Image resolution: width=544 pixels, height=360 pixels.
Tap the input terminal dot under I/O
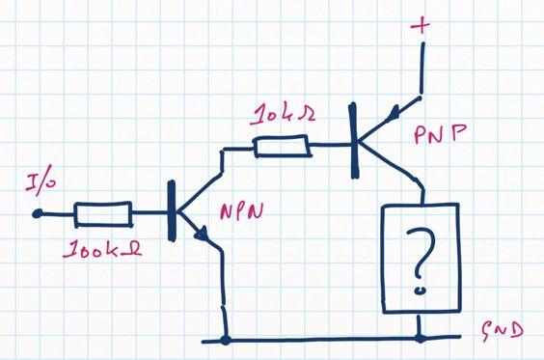click(x=38, y=213)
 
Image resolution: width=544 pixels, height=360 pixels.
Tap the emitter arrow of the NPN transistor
click(x=203, y=235)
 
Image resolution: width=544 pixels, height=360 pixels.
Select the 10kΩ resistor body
click(x=282, y=148)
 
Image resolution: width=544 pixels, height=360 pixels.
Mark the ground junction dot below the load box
click(x=421, y=340)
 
